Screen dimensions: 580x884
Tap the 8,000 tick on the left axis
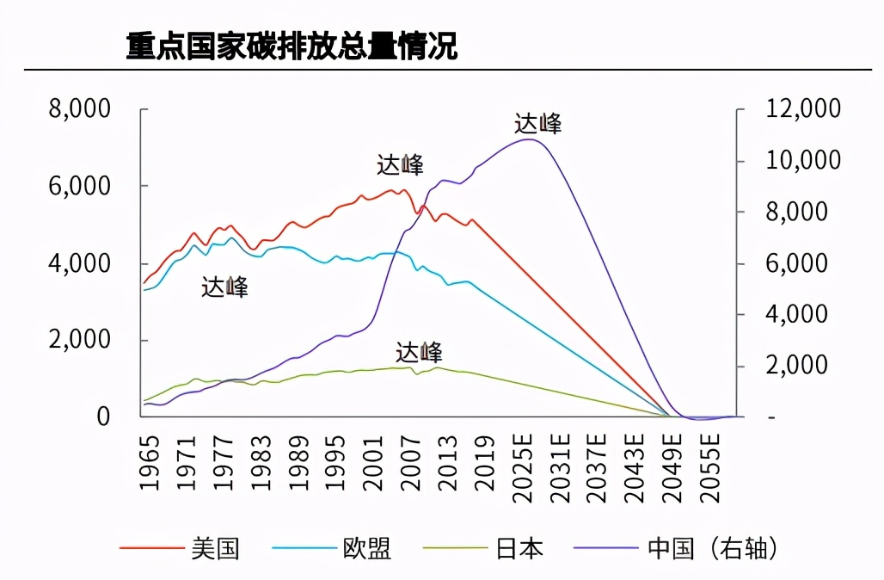[80, 109]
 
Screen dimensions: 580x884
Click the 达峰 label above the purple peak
[538, 123]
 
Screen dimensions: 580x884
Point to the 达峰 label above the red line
[400, 164]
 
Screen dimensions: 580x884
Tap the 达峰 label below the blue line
[224, 287]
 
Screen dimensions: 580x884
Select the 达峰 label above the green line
[419, 352]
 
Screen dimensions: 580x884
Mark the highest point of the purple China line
[528, 139]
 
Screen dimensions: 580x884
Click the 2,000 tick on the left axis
[80, 340]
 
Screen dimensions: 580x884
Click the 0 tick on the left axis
[103, 416]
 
